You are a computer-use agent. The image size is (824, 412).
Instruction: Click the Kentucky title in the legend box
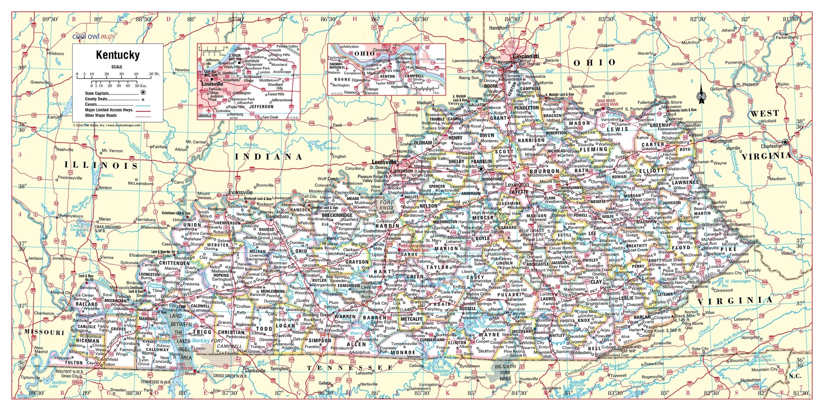[118, 55]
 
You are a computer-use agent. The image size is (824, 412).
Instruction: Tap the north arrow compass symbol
[701, 96]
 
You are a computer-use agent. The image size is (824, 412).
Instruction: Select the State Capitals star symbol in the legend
[143, 93]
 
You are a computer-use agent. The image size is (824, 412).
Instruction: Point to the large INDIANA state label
[268, 157]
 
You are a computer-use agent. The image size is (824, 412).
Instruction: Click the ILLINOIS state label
[101, 165]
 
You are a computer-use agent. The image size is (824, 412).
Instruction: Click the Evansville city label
[240, 192]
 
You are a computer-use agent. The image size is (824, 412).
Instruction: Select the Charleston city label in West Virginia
[771, 146]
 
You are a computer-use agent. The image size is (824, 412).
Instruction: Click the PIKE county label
[728, 249]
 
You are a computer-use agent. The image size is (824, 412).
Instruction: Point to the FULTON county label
[74, 362]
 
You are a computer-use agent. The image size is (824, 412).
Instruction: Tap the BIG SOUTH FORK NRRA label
[505, 372]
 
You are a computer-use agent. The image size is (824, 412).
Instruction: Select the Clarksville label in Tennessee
[255, 370]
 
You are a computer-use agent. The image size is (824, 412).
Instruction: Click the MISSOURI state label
[44, 332]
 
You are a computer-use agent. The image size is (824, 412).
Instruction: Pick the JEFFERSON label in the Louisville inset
[261, 107]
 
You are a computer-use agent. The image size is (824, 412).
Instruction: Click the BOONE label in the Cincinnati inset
[342, 80]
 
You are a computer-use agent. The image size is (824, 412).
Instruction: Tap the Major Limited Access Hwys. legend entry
[109, 110]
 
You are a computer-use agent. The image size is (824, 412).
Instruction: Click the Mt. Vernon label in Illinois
[112, 151]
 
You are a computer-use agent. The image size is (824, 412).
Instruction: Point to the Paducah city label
[124, 296]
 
